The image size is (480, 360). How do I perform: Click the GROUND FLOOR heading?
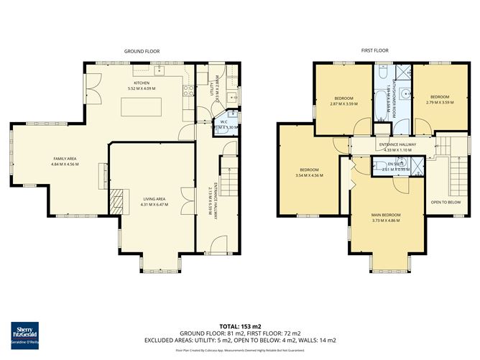click(142, 52)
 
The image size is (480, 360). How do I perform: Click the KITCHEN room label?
click(141, 83)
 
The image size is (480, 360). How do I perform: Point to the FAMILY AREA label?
click(65, 158)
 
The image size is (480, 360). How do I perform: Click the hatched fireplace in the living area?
click(116, 198)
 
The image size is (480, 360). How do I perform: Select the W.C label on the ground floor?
click(223, 121)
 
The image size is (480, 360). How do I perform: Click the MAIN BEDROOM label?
click(386, 214)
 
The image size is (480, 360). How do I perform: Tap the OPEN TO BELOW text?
click(446, 202)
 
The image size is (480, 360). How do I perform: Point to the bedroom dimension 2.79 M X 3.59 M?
click(439, 102)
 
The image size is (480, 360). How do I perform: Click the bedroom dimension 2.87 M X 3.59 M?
click(343, 103)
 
